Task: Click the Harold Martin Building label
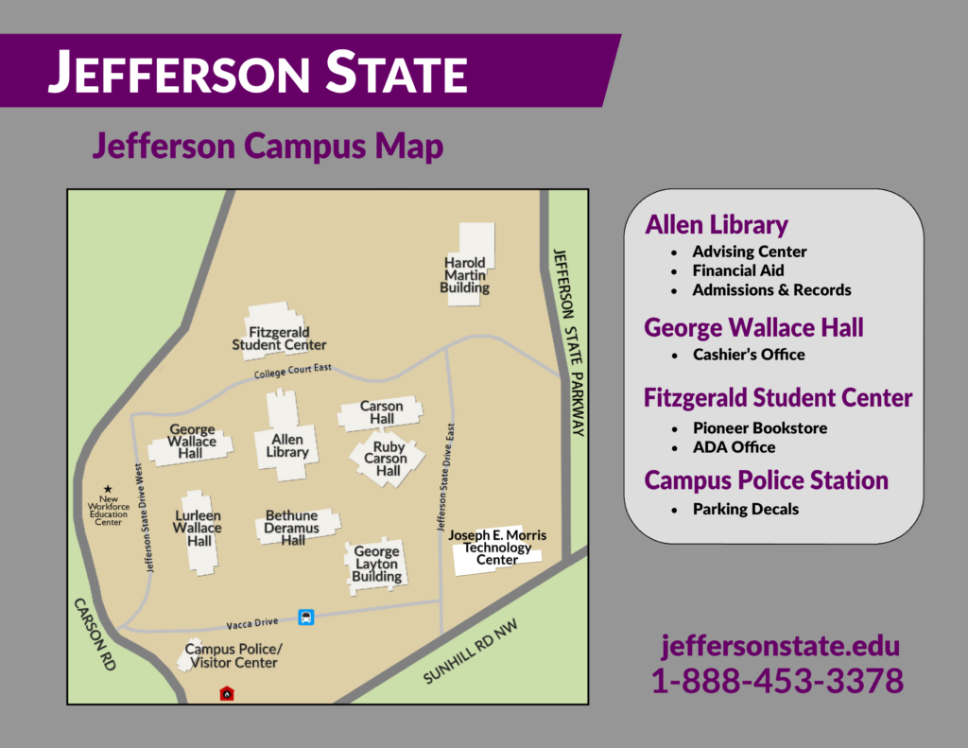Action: pyautogui.click(x=465, y=275)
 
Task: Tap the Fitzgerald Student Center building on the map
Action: pyautogui.click(x=278, y=336)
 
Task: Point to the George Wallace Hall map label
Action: pyautogui.click(x=192, y=442)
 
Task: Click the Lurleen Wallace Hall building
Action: pyautogui.click(x=199, y=530)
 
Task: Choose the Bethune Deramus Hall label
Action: pyautogui.click(x=292, y=528)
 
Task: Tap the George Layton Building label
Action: pyautogui.click(x=376, y=565)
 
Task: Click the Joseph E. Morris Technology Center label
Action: pyautogui.click(x=497, y=548)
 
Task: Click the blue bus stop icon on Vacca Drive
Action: pyautogui.click(x=306, y=618)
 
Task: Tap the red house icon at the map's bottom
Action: pyautogui.click(x=227, y=693)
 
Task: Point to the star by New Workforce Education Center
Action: pyautogui.click(x=107, y=489)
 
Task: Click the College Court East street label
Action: pyautogui.click(x=292, y=373)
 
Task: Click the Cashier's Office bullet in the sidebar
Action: pyautogui.click(x=748, y=355)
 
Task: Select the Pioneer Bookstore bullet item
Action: pyautogui.click(x=759, y=427)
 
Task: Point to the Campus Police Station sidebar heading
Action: pyautogui.click(x=766, y=480)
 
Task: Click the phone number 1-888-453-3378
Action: pyautogui.click(x=777, y=681)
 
